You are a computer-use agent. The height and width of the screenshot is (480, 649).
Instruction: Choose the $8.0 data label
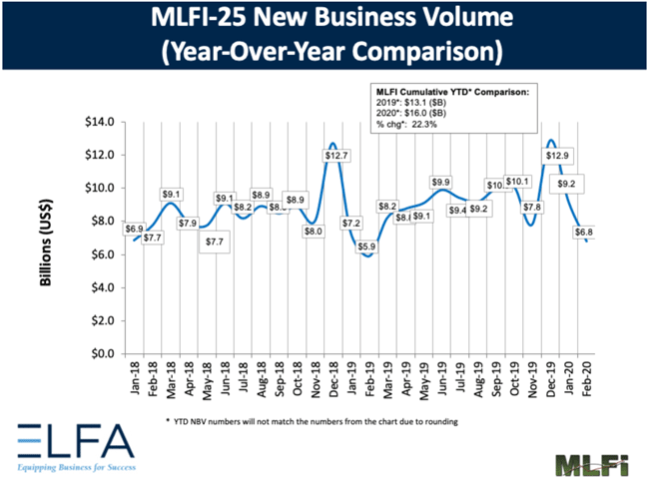tap(313, 231)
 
